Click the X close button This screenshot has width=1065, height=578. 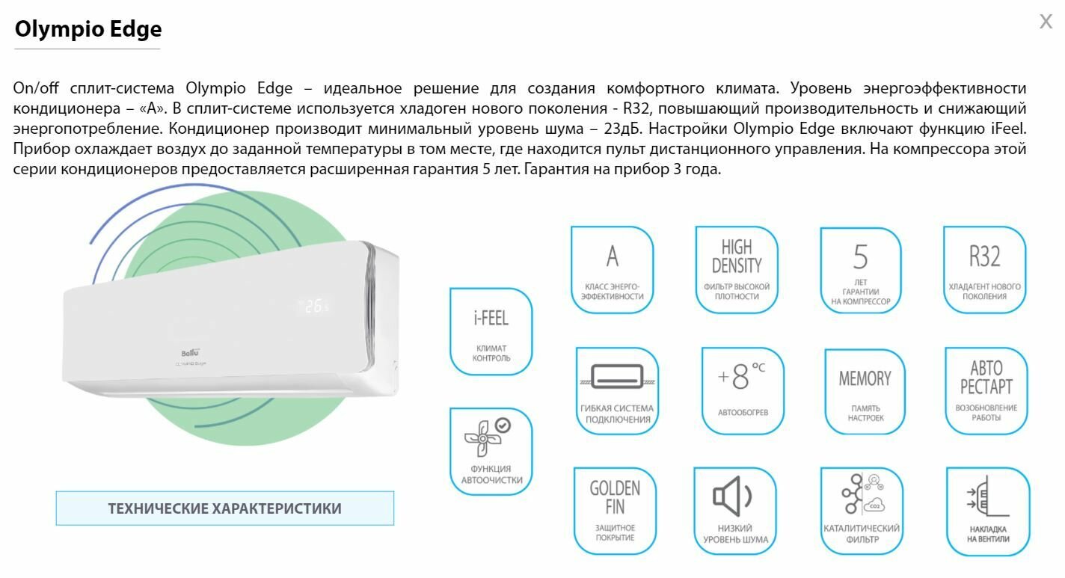coord(1046,21)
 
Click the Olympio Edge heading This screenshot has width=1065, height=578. coord(88,29)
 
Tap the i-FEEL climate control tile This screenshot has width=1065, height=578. coord(491,331)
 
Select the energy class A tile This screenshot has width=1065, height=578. coord(612,269)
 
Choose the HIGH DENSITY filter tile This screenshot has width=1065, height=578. coord(736,269)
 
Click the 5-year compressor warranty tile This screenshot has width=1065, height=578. coord(860,269)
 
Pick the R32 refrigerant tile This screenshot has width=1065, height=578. coord(984,269)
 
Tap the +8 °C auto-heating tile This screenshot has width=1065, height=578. coord(742,390)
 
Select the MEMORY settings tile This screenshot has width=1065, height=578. coord(865,390)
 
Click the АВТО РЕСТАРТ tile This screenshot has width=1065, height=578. coord(986,390)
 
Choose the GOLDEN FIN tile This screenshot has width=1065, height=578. coord(615,510)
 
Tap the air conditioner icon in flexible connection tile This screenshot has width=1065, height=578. coord(617,376)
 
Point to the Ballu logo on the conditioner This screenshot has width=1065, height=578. coord(191,352)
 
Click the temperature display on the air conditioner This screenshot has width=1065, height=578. coord(315,306)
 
